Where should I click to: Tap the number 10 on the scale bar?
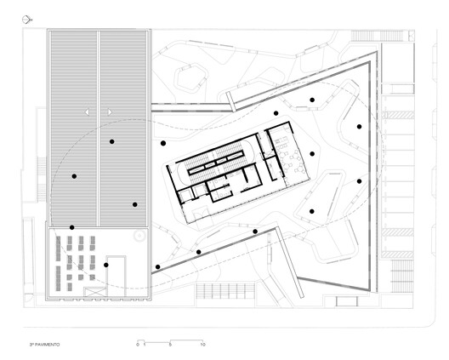202,345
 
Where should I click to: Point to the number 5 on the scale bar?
170,345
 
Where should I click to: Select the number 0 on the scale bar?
137,345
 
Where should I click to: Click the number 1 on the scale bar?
145,345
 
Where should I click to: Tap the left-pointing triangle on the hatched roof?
88,111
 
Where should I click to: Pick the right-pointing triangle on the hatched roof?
109,111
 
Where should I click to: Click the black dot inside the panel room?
105,265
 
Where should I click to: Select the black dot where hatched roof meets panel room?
71,227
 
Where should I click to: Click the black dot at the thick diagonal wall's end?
157,267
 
